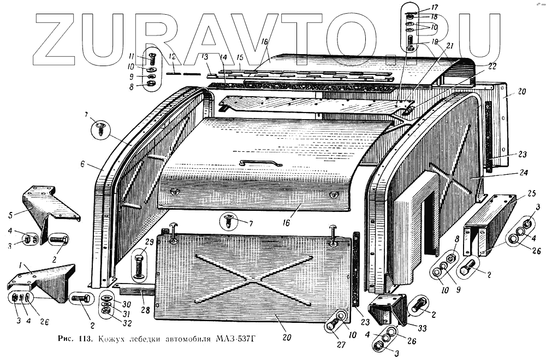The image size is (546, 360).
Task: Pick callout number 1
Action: point(20,264)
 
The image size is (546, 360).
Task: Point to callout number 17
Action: point(434,8)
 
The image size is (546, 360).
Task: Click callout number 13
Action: point(205,57)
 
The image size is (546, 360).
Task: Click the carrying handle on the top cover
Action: point(261,162)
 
